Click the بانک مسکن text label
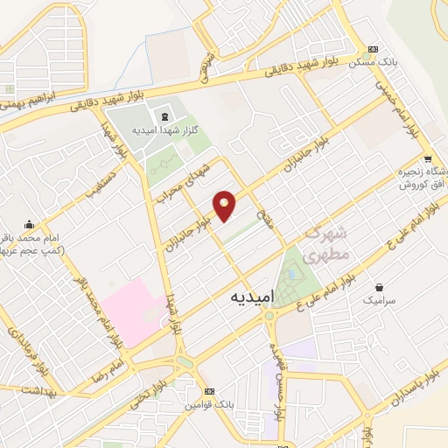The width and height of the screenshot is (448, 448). (x=374, y=64)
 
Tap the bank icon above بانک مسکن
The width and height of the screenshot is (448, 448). (x=374, y=49)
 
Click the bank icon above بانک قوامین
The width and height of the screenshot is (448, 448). (x=208, y=391)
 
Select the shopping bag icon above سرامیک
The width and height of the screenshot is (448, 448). (x=379, y=286)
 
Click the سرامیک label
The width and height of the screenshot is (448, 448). (x=379, y=299)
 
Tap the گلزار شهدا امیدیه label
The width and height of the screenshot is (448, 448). (x=164, y=129)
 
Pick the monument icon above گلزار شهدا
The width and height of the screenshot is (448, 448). (x=164, y=115)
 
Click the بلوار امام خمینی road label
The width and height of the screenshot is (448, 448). (x=398, y=97)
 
